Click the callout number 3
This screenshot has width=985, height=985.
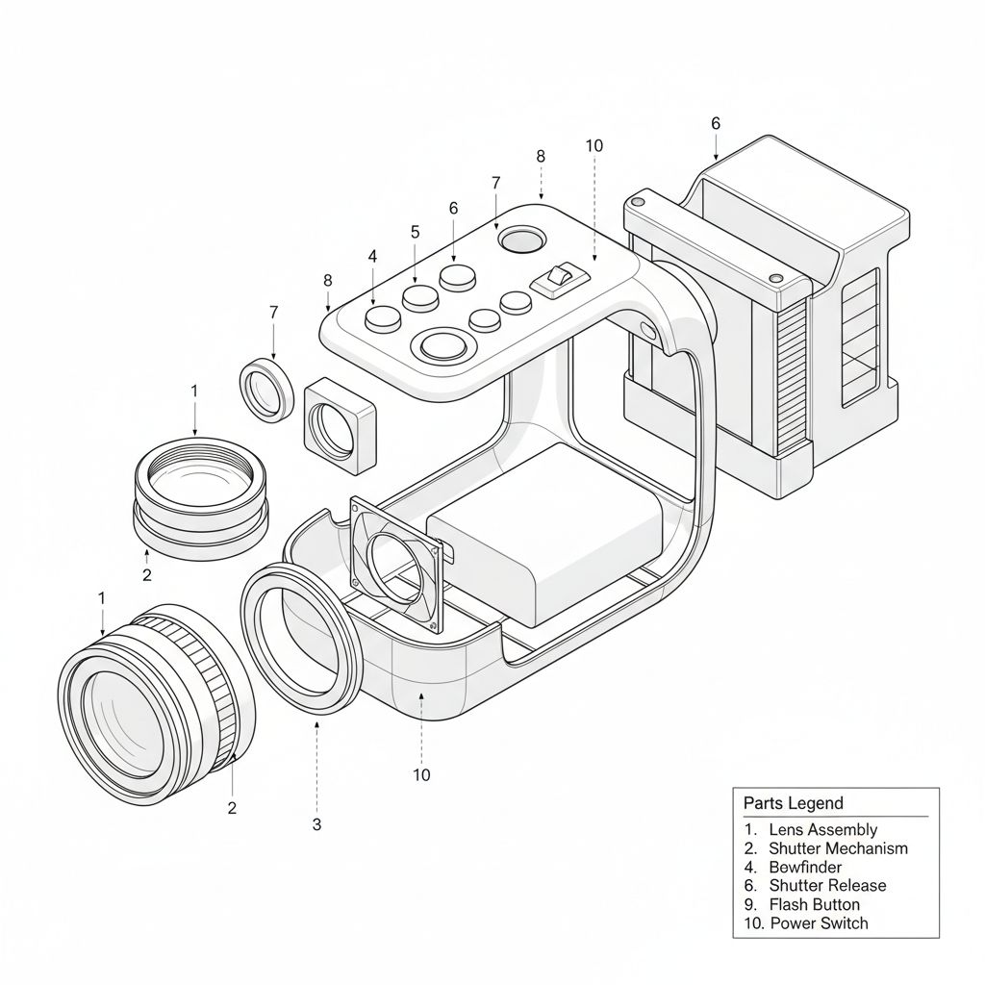(316, 824)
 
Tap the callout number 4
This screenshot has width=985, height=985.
(372, 257)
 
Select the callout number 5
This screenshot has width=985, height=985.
(415, 232)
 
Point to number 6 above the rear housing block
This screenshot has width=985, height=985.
(715, 123)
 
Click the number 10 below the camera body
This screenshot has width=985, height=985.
(421, 775)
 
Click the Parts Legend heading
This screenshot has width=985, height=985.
(793, 803)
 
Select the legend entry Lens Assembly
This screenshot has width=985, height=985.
(822, 829)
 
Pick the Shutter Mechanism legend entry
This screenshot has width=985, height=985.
(837, 848)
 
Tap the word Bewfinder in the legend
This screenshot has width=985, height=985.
(805, 867)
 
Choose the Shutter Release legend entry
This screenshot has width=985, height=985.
(827, 885)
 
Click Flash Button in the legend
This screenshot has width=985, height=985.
(814, 904)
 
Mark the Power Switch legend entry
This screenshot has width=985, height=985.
(819, 923)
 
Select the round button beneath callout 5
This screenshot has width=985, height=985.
(421, 297)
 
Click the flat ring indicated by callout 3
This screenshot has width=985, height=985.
(300, 640)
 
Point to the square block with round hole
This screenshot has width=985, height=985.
(340, 426)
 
